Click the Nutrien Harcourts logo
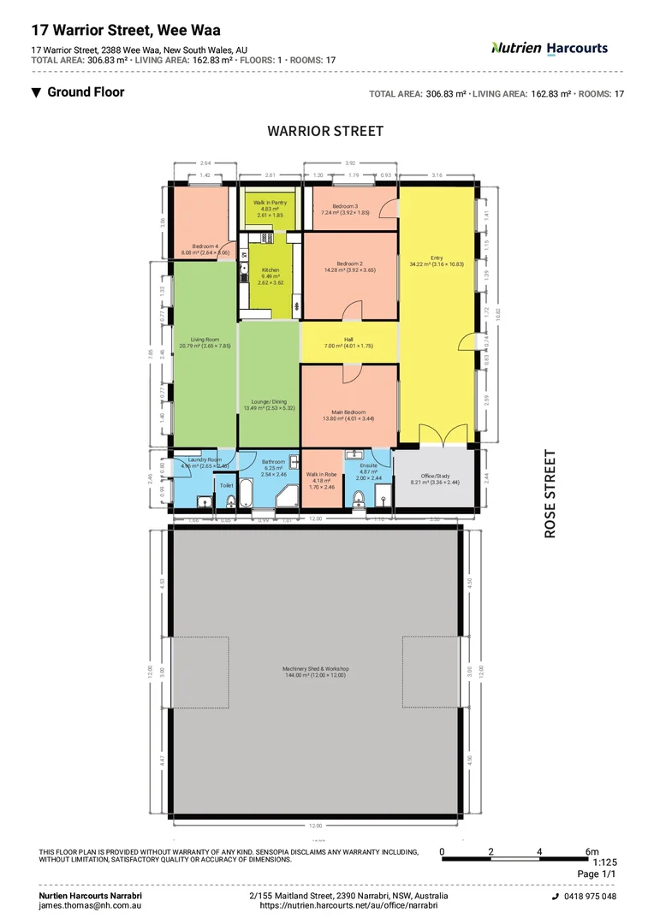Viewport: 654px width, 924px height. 549,48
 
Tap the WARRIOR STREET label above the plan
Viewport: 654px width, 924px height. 325,131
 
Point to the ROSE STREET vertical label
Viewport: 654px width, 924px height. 550,494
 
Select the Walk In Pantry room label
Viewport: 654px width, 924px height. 271,203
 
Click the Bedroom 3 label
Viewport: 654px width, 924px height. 351,206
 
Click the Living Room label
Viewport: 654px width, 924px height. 205,340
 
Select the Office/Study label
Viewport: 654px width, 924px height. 436,477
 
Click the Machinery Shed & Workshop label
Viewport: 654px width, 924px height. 316,668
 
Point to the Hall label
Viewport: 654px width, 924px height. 348,340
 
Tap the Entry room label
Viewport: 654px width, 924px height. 437,258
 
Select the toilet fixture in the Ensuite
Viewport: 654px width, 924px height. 358,497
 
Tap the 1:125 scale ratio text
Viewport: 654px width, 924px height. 603,862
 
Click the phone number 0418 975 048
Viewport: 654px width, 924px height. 590,896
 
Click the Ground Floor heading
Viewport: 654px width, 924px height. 86,92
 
